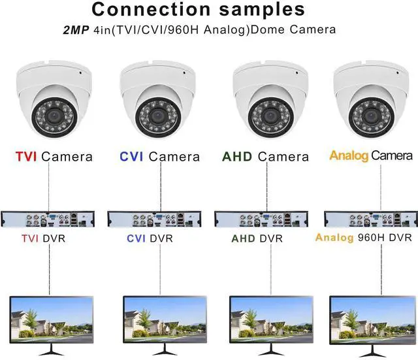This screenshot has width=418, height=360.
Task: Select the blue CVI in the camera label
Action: point(131,157)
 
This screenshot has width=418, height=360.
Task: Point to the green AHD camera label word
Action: point(237,157)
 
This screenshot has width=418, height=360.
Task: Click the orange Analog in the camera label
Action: point(349,156)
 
